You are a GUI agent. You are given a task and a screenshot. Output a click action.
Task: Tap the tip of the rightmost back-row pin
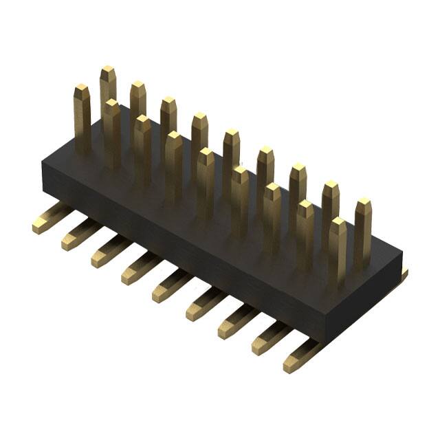click(363, 204)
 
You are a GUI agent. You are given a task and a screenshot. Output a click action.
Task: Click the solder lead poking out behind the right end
click(402, 274)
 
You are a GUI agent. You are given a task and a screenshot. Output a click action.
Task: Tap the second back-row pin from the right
click(331, 199)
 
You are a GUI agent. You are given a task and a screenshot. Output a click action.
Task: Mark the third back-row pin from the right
click(298, 182)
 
